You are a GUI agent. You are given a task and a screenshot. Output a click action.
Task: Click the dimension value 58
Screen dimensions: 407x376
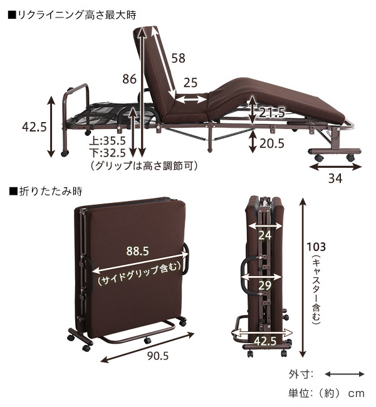pos(178,58)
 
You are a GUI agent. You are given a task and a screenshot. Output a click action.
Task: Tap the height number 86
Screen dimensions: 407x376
pos(129,79)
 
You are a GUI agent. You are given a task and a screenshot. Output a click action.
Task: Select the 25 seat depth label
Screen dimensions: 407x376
pos(191,82)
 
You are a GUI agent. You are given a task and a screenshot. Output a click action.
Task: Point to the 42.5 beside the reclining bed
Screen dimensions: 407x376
pos(34,127)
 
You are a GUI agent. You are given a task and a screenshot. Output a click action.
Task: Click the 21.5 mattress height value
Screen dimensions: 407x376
pos(272,113)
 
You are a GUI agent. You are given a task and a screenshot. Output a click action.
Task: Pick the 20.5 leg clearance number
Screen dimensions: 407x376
pos(271,143)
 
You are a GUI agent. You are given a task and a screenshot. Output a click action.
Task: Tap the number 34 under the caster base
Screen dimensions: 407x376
pos(335,178)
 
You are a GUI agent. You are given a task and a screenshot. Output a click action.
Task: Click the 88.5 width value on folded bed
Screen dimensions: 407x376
pos(137,251)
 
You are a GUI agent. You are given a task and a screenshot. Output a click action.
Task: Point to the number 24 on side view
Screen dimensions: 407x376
pos(265,235)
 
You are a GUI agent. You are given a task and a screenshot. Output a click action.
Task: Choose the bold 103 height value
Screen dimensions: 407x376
pos(316,245)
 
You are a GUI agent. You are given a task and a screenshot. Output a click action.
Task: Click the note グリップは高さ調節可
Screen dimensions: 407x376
pos(143,165)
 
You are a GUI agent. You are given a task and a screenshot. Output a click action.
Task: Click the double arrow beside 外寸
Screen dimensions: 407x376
pos(345,374)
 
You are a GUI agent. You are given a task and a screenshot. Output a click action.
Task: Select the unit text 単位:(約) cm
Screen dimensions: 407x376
pos(326,393)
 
